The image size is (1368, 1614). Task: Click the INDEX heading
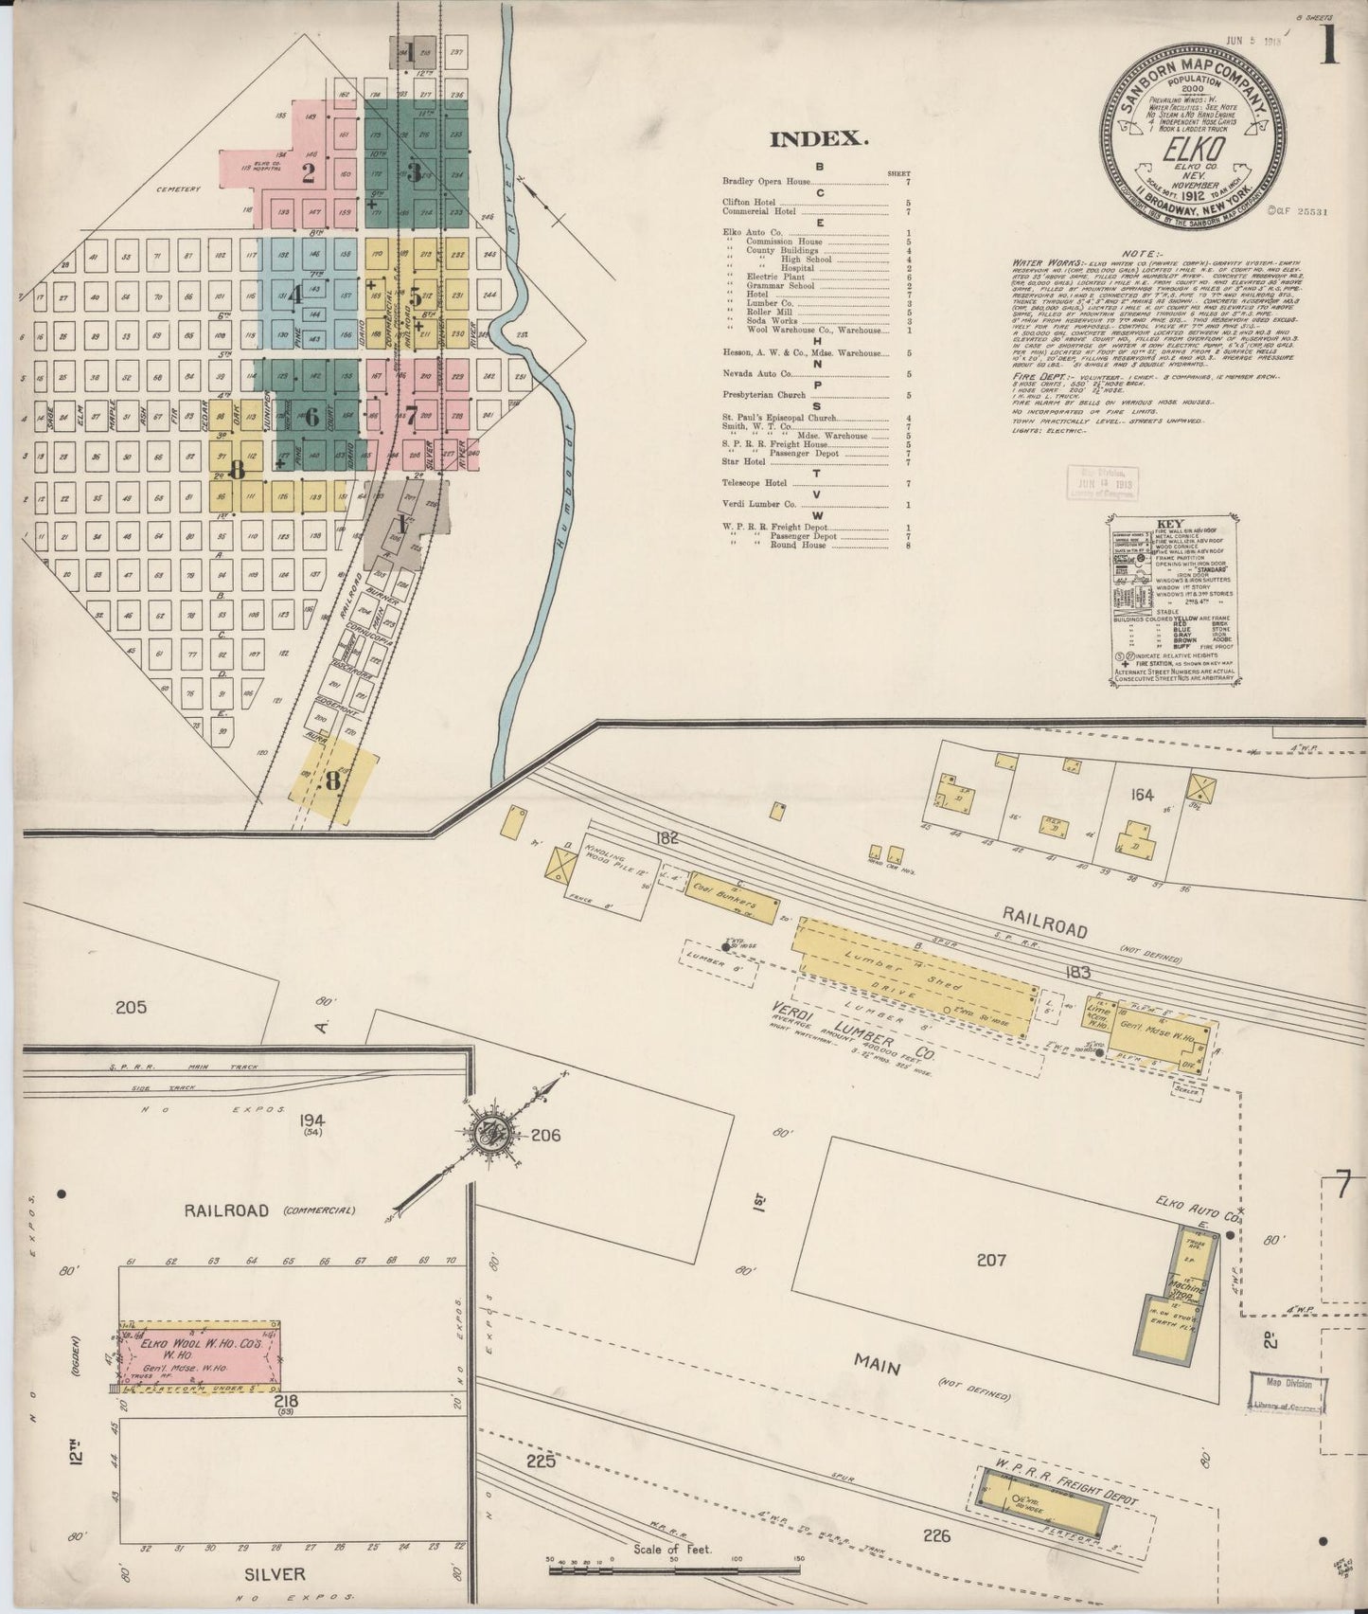pos(819,139)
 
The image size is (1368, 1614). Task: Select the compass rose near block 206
pos(494,1130)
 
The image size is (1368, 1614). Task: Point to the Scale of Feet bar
pos(677,1568)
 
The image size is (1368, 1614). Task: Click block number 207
pos(990,1259)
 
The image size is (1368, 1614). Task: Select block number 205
pos(131,1007)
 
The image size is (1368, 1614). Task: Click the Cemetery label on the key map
pos(179,189)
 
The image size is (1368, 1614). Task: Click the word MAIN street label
pos(877,1366)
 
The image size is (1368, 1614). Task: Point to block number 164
pos(1143,795)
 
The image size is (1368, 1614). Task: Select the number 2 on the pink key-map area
pos(308,173)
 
